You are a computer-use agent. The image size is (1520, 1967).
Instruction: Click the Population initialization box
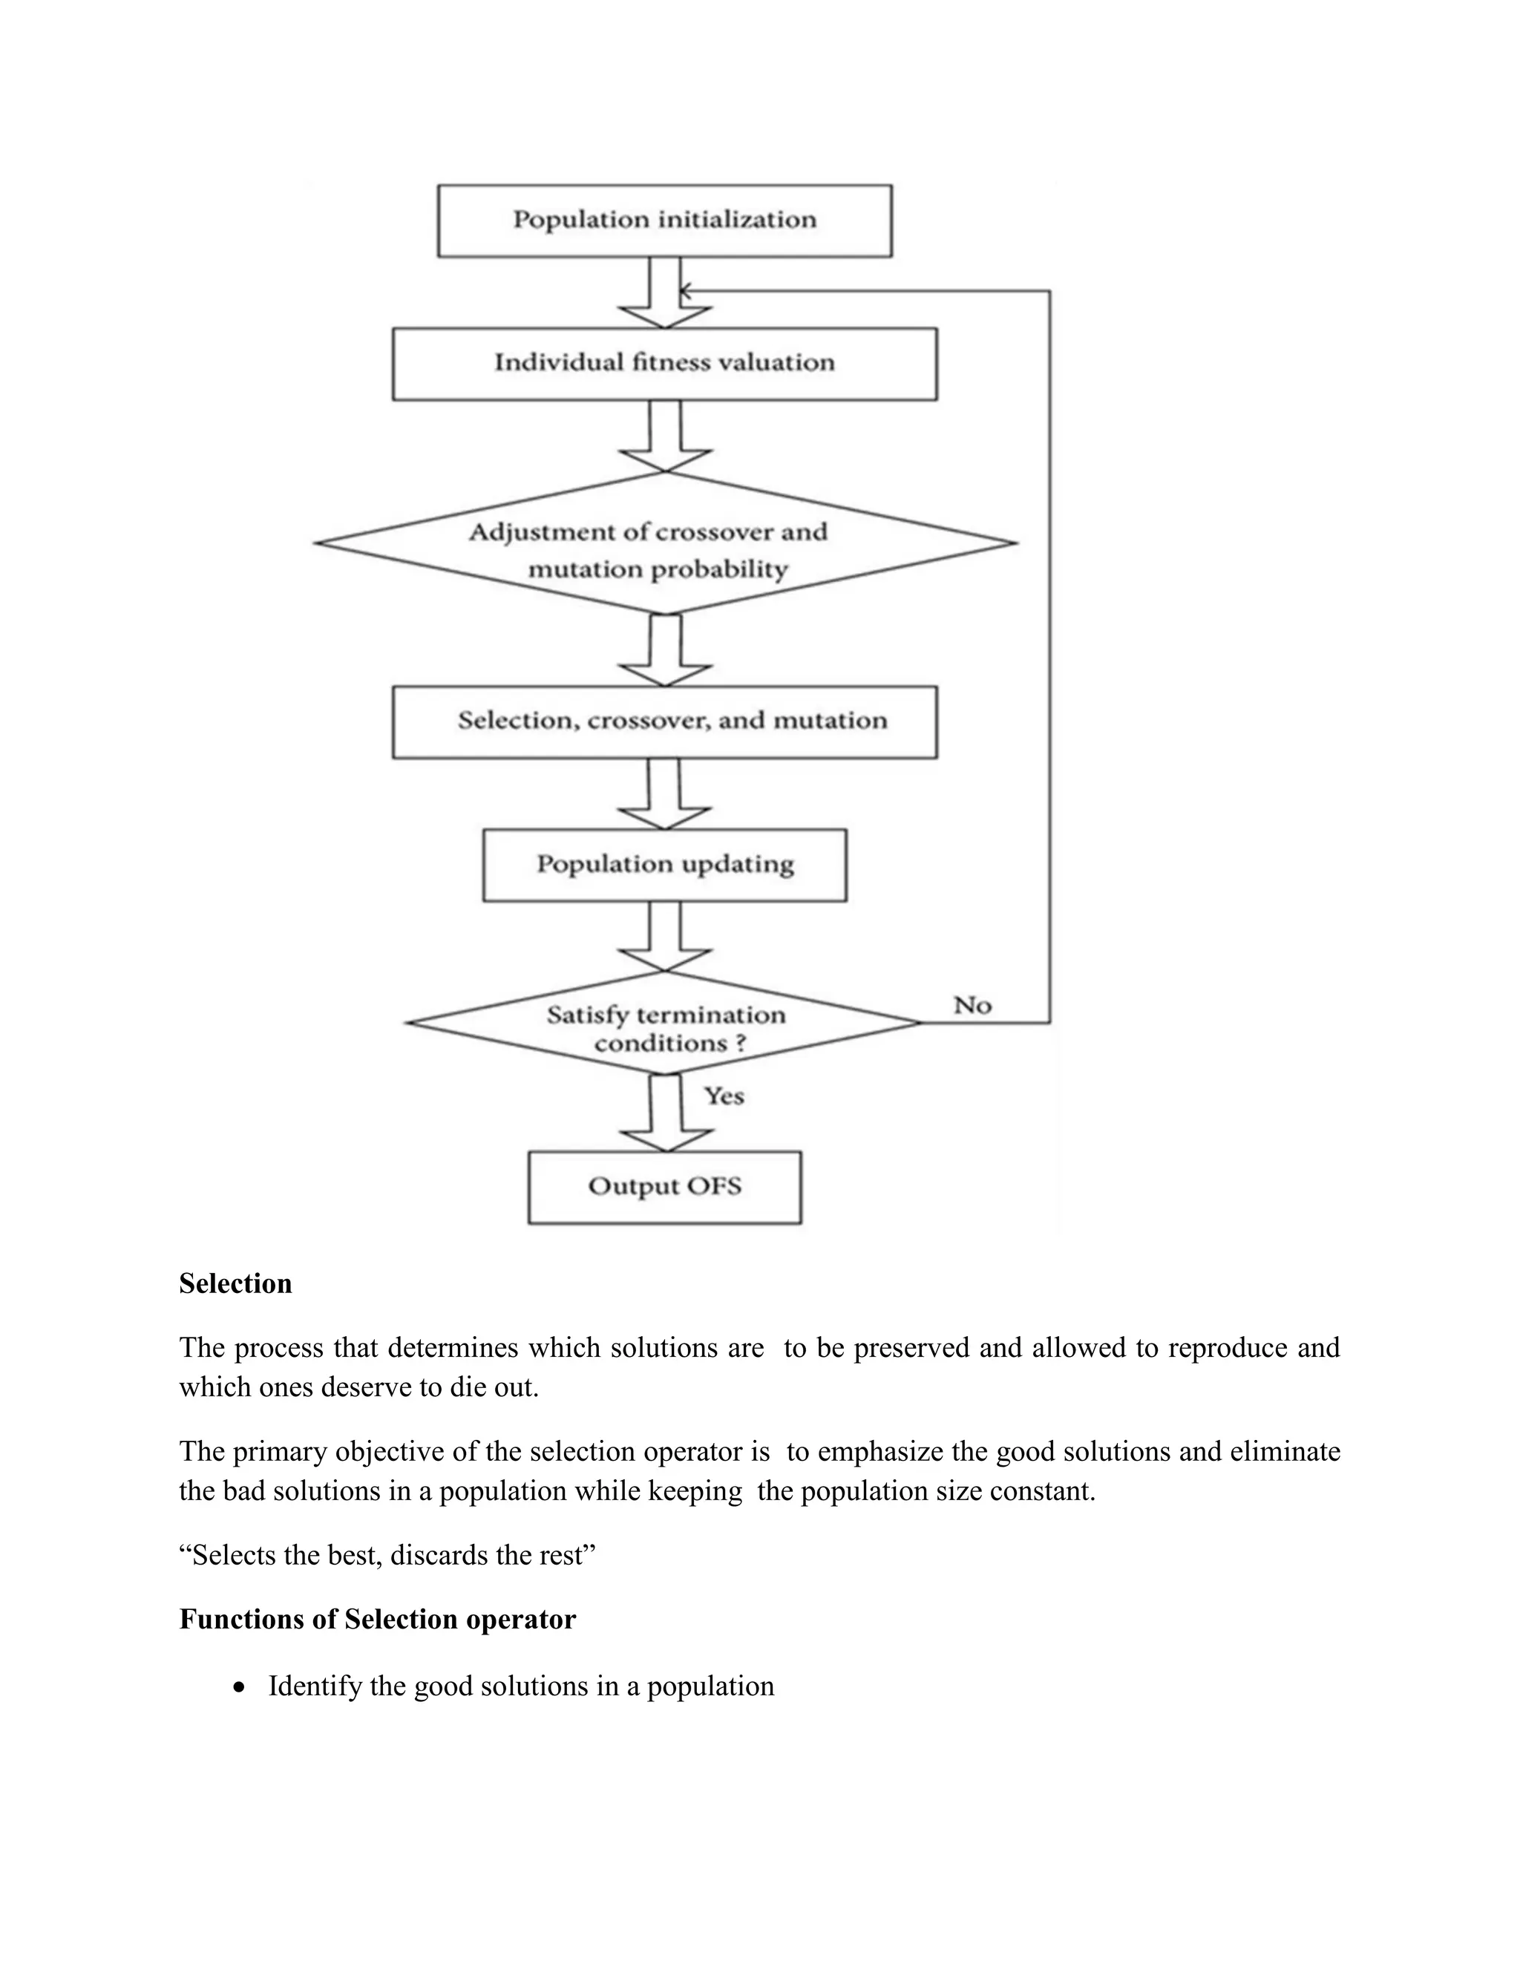click(664, 220)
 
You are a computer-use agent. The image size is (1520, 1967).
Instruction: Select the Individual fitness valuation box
click(664, 363)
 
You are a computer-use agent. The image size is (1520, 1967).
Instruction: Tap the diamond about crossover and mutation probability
click(664, 544)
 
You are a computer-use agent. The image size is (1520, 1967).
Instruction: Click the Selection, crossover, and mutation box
click(664, 721)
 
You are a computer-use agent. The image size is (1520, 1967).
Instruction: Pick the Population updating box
click(664, 865)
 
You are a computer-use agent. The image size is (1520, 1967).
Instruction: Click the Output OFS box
click(664, 1186)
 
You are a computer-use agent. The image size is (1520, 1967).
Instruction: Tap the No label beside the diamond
click(972, 1005)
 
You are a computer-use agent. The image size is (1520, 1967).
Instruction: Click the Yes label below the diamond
click(724, 1096)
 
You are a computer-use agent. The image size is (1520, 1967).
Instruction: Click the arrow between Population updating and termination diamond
click(664, 937)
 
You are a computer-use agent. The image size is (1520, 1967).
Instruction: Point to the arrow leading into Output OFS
click(664, 1115)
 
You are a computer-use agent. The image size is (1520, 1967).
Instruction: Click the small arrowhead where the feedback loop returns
click(685, 291)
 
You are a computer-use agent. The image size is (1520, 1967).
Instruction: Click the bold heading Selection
click(235, 1283)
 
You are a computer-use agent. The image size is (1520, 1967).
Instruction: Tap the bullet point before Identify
click(239, 1687)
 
